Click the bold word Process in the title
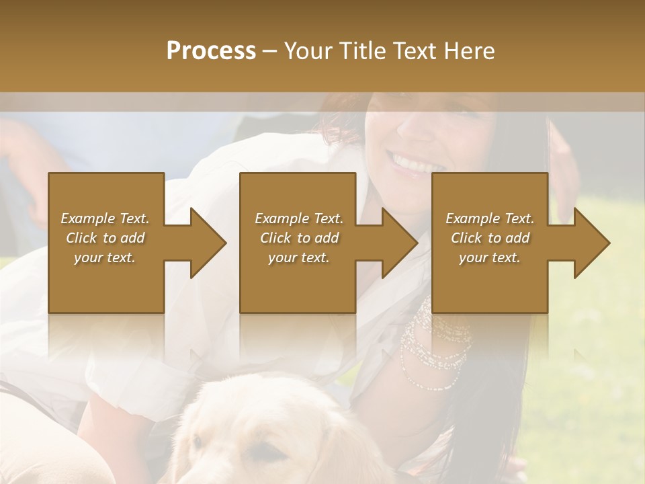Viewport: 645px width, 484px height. pyautogui.click(x=211, y=51)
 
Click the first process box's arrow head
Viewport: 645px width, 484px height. pyautogui.click(x=208, y=243)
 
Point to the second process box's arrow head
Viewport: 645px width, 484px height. pyautogui.click(x=400, y=243)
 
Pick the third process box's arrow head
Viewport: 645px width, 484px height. pyautogui.click(x=592, y=243)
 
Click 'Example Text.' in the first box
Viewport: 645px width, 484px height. pyautogui.click(x=105, y=218)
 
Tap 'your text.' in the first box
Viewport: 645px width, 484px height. pyautogui.click(x=105, y=257)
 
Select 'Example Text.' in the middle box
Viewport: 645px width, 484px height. pyautogui.click(x=299, y=218)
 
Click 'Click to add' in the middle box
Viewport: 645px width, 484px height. pyautogui.click(x=299, y=238)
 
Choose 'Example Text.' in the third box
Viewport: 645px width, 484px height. pyautogui.click(x=490, y=218)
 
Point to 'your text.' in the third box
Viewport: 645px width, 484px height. pyautogui.click(x=490, y=257)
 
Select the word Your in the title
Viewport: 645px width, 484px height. pyautogui.click(x=308, y=51)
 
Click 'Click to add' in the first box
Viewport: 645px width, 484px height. pyautogui.click(x=105, y=238)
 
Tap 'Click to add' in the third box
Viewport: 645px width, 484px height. pyautogui.click(x=490, y=238)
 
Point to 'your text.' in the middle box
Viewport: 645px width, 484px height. pyautogui.click(x=299, y=257)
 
